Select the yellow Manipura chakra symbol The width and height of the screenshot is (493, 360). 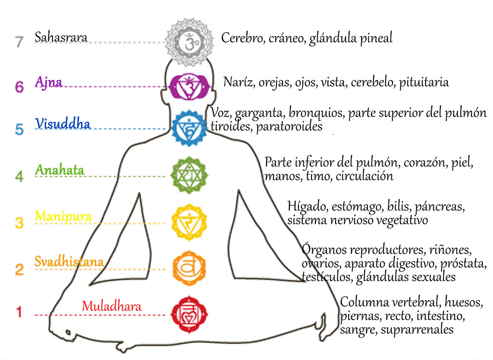click(x=189, y=222)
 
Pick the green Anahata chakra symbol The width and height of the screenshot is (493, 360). click(x=189, y=175)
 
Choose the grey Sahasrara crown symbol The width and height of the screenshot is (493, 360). click(x=189, y=42)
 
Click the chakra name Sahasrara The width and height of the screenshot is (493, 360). click(x=61, y=38)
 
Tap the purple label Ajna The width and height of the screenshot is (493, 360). click(x=49, y=82)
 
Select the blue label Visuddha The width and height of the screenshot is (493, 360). click(x=63, y=124)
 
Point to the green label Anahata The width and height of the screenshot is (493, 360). click(x=60, y=170)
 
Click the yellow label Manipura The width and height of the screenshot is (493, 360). click(x=63, y=216)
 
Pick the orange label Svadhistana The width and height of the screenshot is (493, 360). click(x=69, y=262)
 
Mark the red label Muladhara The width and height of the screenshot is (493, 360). click(x=112, y=306)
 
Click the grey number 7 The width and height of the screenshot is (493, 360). click(x=19, y=41)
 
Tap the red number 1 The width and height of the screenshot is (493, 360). click(x=19, y=313)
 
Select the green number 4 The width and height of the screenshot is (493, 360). click(x=19, y=177)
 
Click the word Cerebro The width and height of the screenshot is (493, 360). click(x=241, y=38)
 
